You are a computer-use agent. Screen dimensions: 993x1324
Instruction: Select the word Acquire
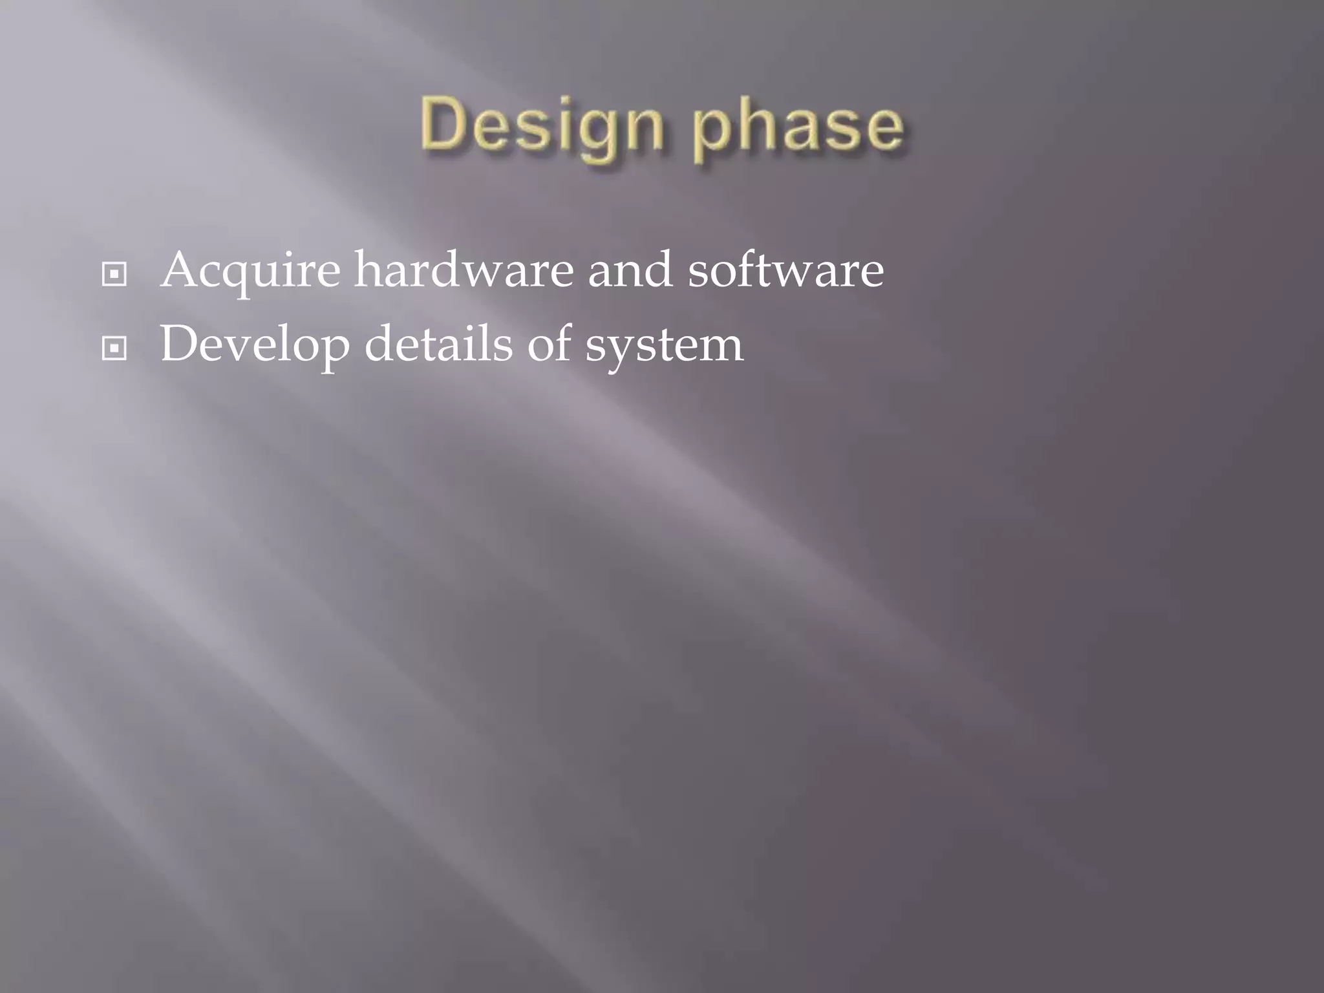[251, 270]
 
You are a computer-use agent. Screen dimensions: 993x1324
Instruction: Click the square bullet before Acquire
[114, 275]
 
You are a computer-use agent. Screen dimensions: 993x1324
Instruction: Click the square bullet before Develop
[114, 349]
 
